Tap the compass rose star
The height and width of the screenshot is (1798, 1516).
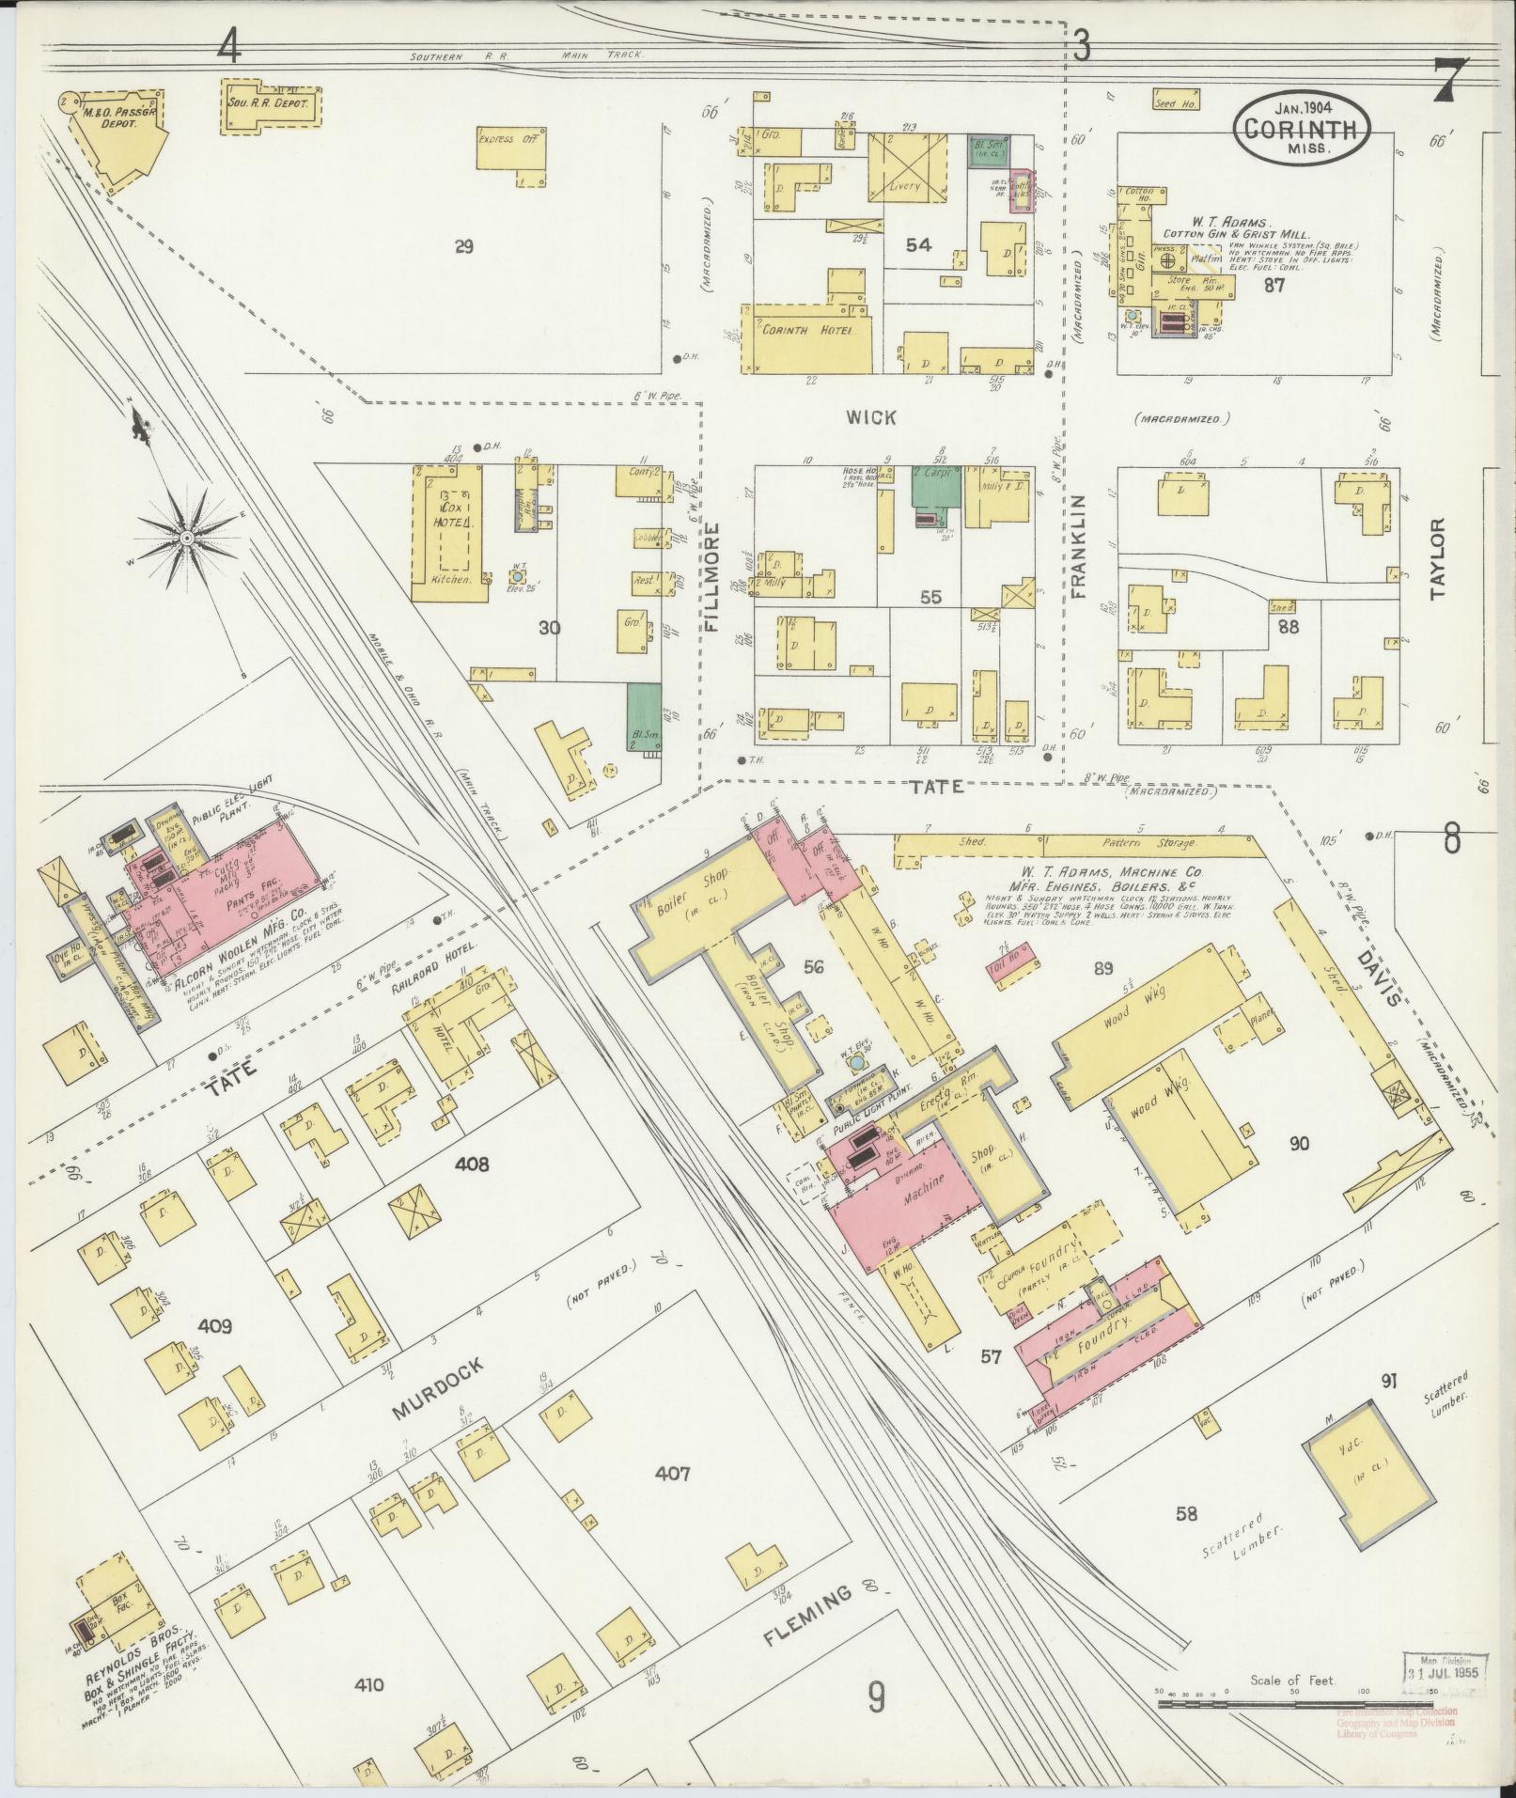tap(187, 537)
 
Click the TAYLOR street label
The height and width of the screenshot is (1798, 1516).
tap(1436, 559)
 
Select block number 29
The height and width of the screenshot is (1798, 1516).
tap(463, 247)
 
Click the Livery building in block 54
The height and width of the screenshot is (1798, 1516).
tap(905, 169)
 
